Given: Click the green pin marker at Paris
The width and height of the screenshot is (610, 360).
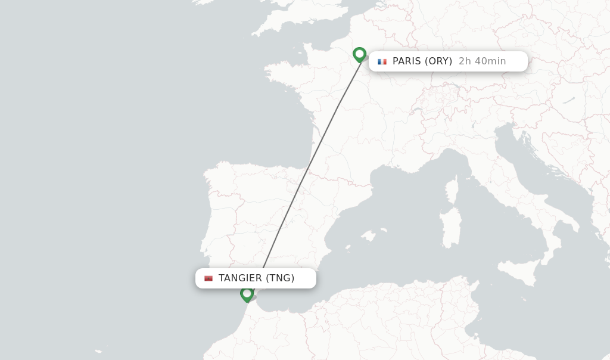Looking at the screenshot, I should [x=359, y=55].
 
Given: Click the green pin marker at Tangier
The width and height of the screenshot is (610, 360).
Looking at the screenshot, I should [x=247, y=294].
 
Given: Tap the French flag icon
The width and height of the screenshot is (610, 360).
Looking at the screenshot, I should [x=382, y=61].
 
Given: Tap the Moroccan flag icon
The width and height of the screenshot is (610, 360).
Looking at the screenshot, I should [x=208, y=278].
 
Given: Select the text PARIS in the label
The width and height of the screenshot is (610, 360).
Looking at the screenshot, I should [x=406, y=61].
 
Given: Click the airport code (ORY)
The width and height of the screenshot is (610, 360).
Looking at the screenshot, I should [x=438, y=61].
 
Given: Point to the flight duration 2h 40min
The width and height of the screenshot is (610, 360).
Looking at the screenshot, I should [x=482, y=61].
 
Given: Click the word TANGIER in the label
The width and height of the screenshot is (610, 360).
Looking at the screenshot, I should [x=240, y=278].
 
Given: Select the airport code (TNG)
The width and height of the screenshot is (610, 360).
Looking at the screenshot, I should [x=280, y=278].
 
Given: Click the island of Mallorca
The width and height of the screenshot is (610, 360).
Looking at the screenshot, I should [x=369, y=235].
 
